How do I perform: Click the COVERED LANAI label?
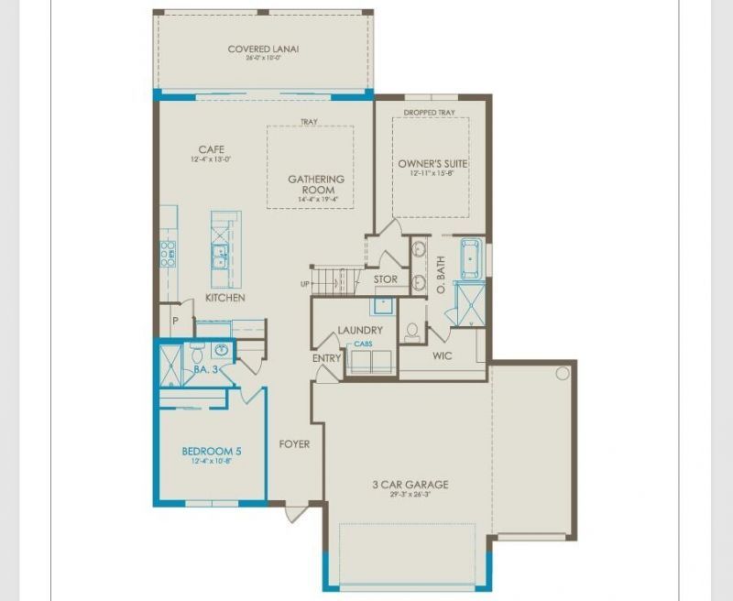point(264,49)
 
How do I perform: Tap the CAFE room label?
point(211,150)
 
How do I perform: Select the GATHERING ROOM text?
point(316,184)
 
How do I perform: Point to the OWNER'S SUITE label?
point(432,164)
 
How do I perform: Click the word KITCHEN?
point(224,299)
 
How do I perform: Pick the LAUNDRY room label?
point(359,331)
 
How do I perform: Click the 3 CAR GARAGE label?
point(410,485)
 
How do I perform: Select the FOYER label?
point(294,444)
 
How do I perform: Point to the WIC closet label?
point(443,355)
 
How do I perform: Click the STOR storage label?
point(385,279)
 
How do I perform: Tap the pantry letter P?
point(174,321)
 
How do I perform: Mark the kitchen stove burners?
point(168,253)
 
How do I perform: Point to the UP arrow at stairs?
point(305,284)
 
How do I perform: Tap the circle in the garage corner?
point(562,373)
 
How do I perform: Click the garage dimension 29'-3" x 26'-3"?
point(410,496)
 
